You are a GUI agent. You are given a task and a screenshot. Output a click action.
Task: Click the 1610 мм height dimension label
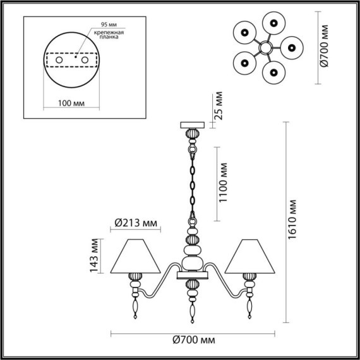[292, 224]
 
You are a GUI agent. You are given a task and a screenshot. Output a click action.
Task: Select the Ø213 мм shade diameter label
[137, 222]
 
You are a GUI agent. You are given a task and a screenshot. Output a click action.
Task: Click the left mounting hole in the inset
[59, 59]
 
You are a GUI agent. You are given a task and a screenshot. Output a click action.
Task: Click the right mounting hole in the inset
[81, 59]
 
